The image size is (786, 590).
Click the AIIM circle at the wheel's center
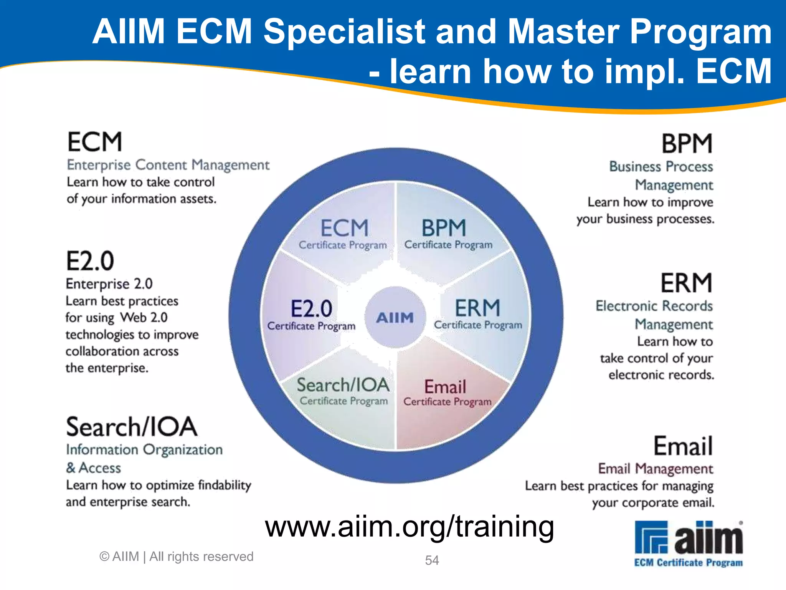coord(395,317)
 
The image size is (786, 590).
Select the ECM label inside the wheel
coord(344,229)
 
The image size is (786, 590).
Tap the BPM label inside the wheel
coord(444,228)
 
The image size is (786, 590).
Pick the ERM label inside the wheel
coord(477,308)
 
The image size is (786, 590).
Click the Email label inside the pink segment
coord(445,387)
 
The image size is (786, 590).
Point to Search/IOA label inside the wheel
coord(343,385)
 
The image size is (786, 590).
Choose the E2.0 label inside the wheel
coord(311,309)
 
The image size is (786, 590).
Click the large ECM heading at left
coord(95,142)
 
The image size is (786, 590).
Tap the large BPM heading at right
coord(687,144)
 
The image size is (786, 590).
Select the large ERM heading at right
coord(686,283)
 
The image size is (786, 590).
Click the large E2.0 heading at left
coord(90,261)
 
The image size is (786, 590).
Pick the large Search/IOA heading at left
coord(132,427)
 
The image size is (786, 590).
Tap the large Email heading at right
coord(683,446)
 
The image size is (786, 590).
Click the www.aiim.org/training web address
coord(410,527)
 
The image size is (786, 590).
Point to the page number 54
coord(432,560)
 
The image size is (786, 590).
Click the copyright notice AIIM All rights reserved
coord(177,557)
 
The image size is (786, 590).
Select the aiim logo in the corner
coord(689,543)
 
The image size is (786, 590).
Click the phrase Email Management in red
coord(656,469)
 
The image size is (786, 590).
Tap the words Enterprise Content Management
coord(168,165)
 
